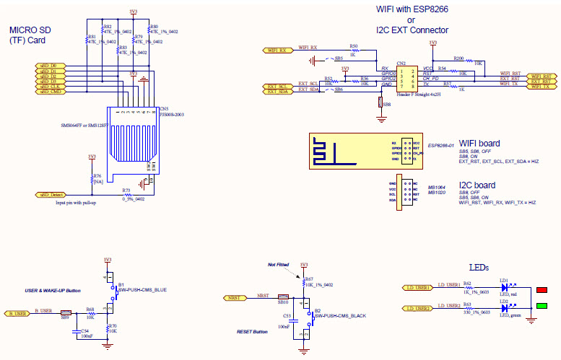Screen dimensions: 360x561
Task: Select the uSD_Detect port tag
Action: (x=53, y=195)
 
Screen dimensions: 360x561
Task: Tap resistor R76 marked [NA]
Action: (x=92, y=180)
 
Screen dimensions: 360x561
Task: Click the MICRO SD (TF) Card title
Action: (x=32, y=35)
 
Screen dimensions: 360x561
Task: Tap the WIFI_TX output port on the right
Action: (x=542, y=87)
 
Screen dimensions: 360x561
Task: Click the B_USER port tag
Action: (x=19, y=314)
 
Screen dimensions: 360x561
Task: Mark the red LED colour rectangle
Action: (x=542, y=291)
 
